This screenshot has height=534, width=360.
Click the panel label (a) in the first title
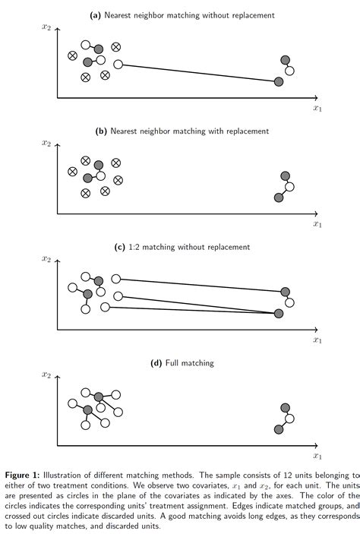(x=95, y=15)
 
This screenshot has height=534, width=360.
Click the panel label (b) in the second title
(x=101, y=131)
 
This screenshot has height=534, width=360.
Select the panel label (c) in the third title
(x=119, y=247)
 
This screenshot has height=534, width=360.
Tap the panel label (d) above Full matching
(x=158, y=363)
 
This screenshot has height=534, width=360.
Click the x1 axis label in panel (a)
(x=317, y=109)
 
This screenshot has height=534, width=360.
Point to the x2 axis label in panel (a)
(x=47, y=27)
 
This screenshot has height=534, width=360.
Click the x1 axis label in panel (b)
(x=317, y=224)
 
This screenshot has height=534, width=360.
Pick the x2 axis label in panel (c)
(x=47, y=260)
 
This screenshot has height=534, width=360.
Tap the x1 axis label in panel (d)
(x=317, y=457)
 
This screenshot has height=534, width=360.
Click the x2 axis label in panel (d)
(x=47, y=375)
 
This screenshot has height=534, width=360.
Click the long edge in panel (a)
(x=197, y=72)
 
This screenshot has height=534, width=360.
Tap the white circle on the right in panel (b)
(x=289, y=187)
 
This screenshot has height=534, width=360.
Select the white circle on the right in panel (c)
(x=289, y=303)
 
